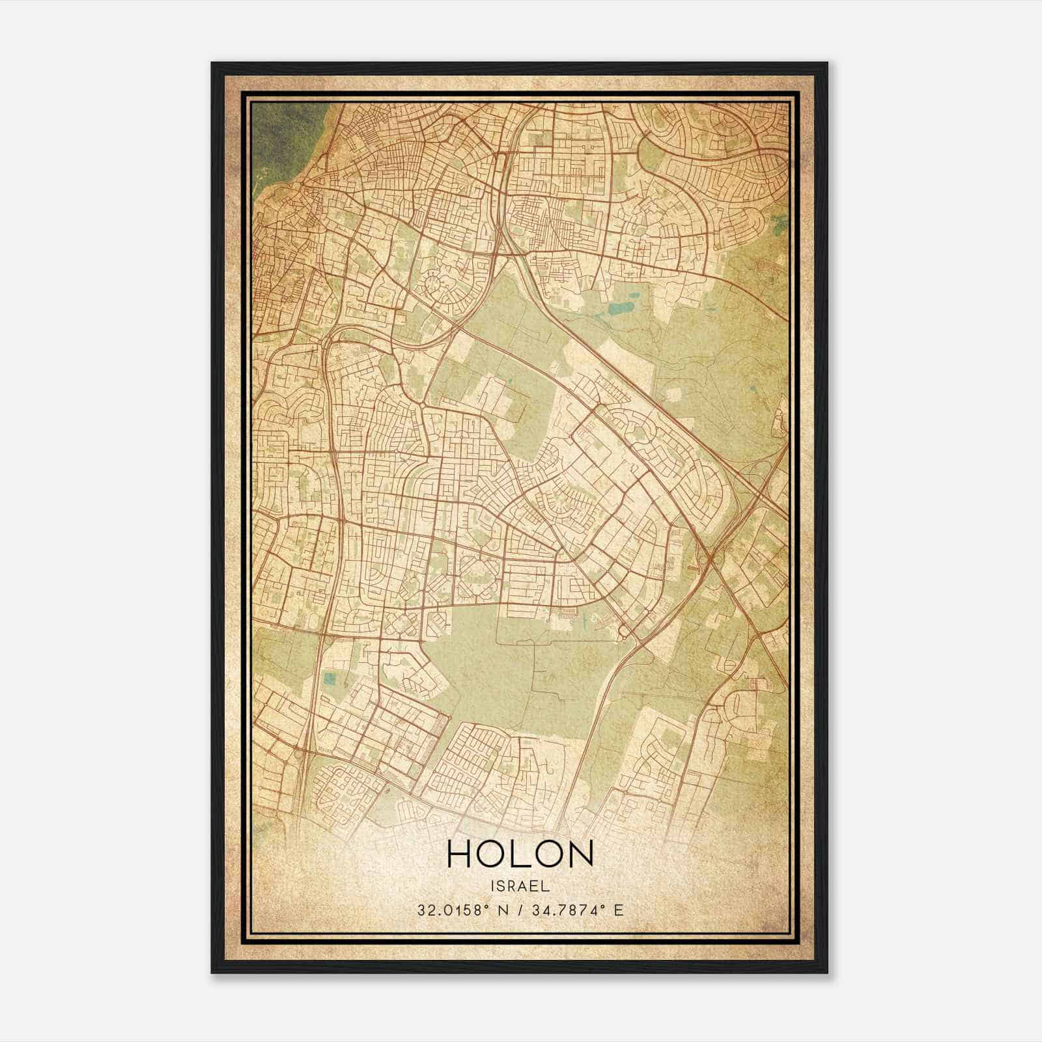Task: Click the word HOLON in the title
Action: click(520, 854)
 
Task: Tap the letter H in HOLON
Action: click(459, 854)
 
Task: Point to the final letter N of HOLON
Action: click(582, 854)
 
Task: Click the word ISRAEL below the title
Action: click(521, 886)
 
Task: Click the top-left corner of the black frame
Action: click(213, 64)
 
